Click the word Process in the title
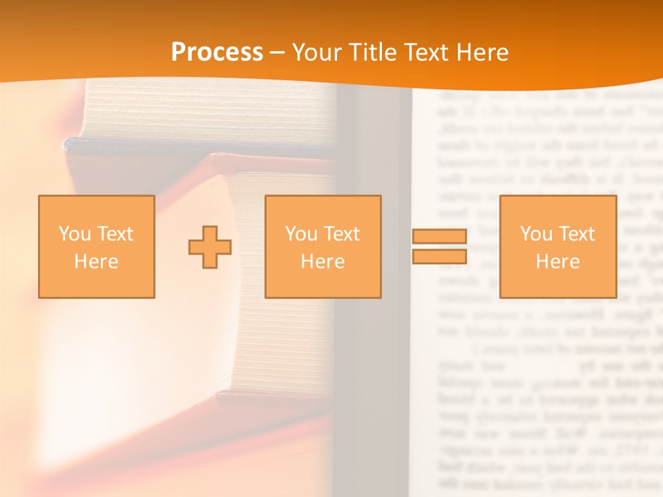point(217,52)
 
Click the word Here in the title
point(486,52)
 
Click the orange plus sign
point(210,247)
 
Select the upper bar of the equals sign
point(439,237)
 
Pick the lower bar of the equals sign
point(439,257)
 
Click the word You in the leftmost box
point(75,234)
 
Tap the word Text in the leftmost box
point(115,234)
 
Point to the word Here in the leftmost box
point(96,262)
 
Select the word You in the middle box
point(301,234)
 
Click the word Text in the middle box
point(341,234)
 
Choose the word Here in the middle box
point(323,262)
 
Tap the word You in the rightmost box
point(536,234)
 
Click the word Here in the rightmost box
point(557,262)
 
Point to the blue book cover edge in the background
point(138,146)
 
